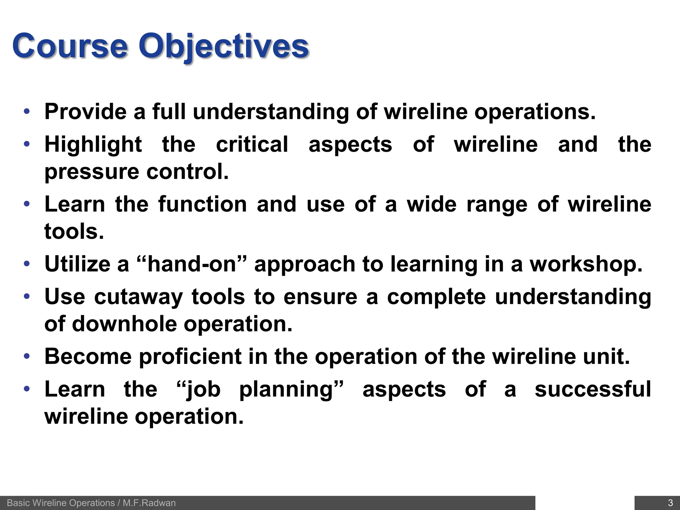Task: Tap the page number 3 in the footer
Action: (670, 503)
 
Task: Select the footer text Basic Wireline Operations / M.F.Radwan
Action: (91, 503)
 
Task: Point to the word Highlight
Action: (93, 145)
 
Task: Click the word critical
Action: (252, 145)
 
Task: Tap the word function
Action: (203, 204)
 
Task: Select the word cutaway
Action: (138, 297)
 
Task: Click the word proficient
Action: (190, 356)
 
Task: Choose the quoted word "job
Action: (198, 389)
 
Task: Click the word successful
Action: (593, 389)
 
